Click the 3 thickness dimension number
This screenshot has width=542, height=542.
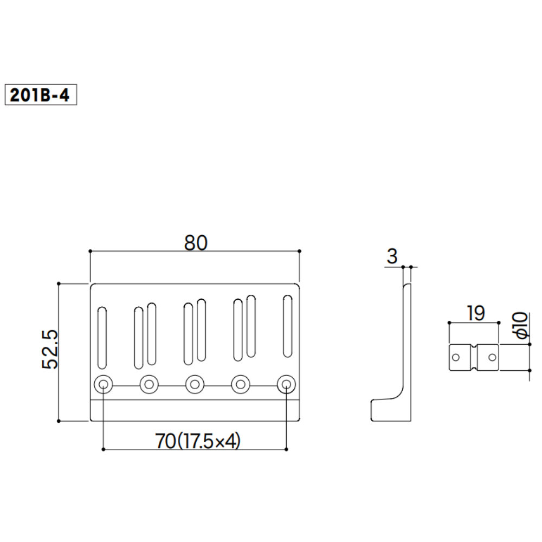click(392, 256)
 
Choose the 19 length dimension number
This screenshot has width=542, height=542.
click(475, 313)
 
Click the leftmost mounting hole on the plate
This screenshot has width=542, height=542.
click(103, 385)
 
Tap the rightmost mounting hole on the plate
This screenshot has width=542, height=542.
click(286, 385)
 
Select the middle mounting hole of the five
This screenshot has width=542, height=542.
click(195, 385)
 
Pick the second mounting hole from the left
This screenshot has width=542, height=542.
click(149, 385)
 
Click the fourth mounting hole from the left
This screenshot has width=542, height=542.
click(240, 385)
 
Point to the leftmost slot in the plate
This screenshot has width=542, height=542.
click(102, 338)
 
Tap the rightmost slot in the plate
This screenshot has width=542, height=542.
click(288, 326)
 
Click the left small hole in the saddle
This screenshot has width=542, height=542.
click(456, 357)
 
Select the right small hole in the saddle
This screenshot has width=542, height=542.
click(492, 357)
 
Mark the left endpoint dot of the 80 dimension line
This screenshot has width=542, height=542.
click(90, 251)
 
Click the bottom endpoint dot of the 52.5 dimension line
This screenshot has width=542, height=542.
click(59, 421)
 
